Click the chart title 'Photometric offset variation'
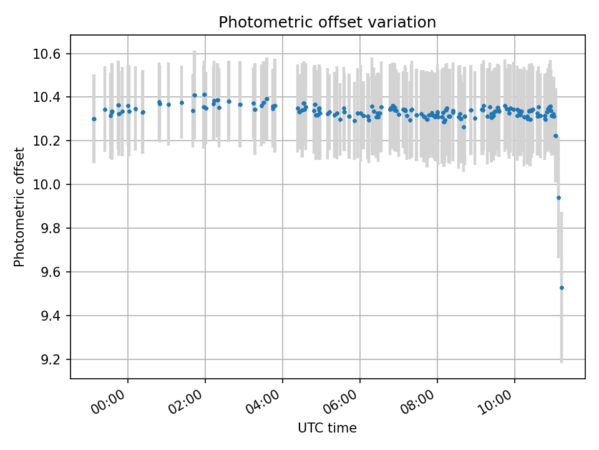pos(327,22)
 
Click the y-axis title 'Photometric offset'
pos(19,207)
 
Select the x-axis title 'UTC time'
pos(327,428)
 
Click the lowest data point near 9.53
pos(562,287)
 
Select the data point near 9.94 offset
pos(558,197)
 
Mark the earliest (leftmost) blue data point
pos(94,119)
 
